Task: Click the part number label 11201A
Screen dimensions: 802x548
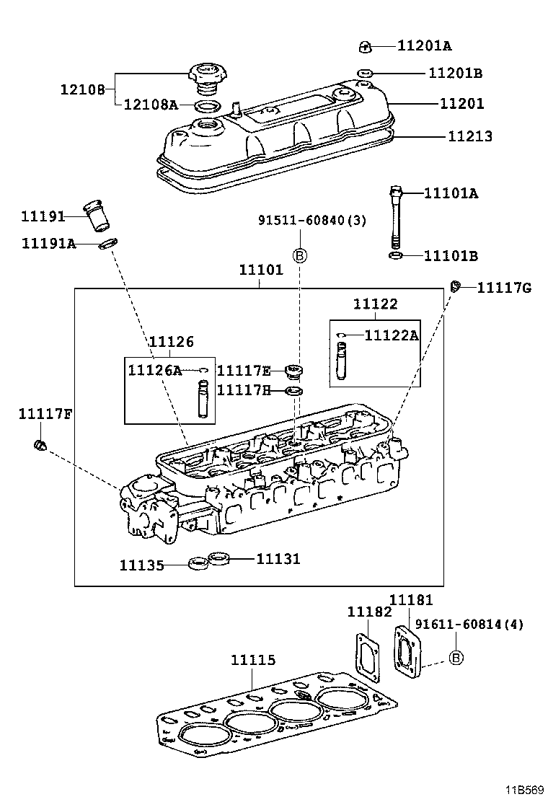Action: click(424, 46)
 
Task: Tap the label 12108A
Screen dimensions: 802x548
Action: click(150, 105)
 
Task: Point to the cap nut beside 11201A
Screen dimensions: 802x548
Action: click(365, 48)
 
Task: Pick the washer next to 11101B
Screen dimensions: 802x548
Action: click(395, 256)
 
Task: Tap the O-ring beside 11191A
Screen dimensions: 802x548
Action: click(107, 244)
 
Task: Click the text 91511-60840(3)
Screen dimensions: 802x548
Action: click(312, 221)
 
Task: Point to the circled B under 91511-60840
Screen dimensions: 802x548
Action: click(300, 255)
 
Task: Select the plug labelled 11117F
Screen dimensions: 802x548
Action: click(41, 446)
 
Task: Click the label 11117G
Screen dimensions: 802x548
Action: click(504, 288)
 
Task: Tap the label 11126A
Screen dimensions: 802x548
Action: click(155, 370)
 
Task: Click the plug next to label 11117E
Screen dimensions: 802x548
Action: click(293, 371)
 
